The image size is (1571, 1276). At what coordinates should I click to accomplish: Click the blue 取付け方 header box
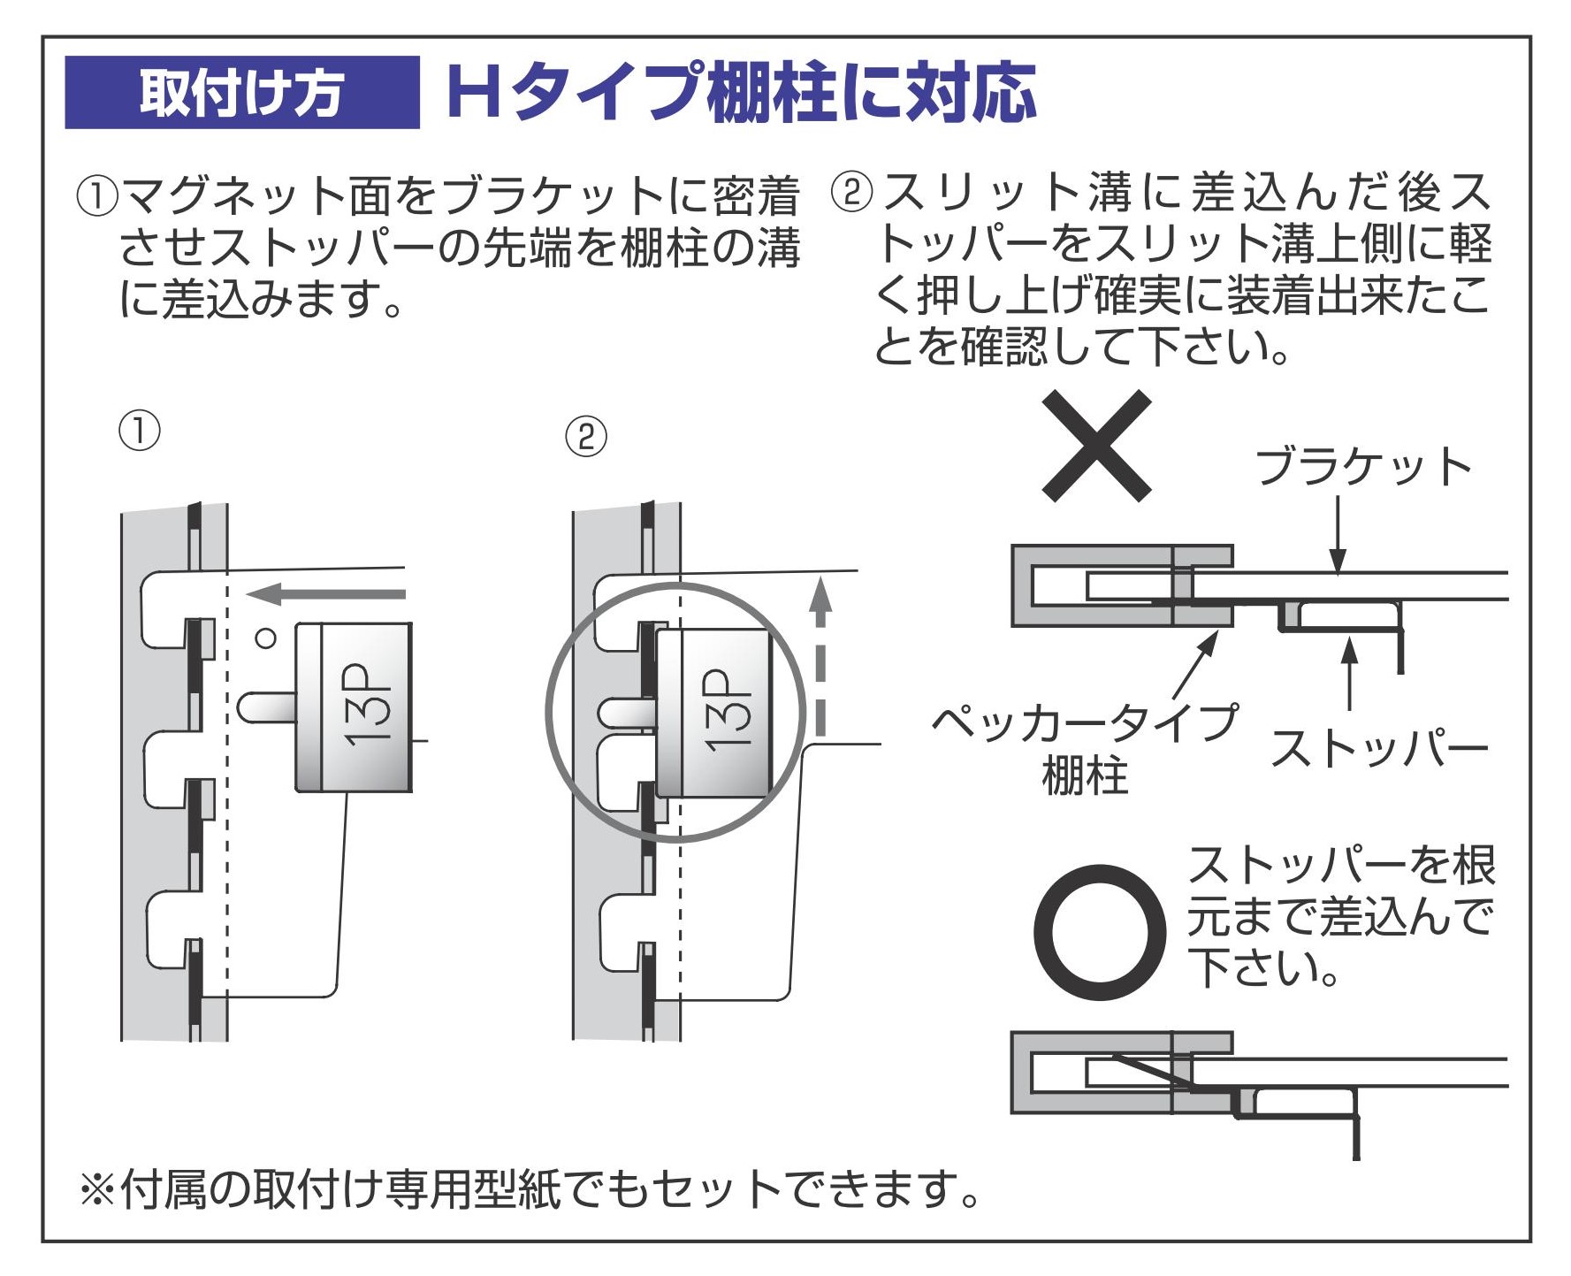point(241,92)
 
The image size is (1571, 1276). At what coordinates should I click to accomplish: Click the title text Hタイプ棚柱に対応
point(741,92)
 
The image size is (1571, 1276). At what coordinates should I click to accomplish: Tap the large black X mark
point(1096,446)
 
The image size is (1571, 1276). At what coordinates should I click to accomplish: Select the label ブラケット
point(1362,467)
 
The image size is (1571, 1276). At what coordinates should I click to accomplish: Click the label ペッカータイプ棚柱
point(1086,748)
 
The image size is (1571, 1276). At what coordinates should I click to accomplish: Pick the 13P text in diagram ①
point(369,707)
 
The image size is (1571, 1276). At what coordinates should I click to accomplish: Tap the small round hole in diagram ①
point(265,637)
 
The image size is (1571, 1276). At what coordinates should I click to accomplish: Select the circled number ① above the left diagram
point(140,432)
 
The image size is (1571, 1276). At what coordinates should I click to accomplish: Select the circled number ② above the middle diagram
point(586,437)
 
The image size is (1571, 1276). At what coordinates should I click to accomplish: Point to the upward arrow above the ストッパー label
point(1349,672)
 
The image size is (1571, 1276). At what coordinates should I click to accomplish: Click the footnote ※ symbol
point(96,1190)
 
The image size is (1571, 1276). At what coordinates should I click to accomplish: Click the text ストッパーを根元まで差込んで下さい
point(1339,916)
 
